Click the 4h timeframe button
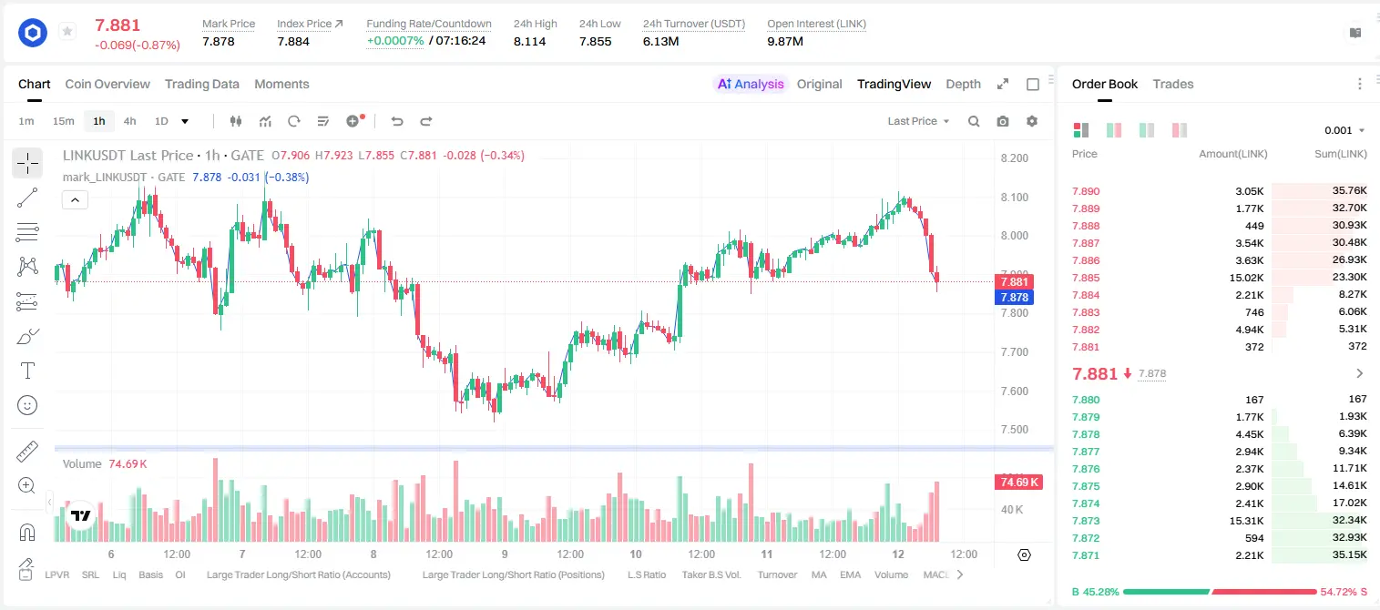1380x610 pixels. pos(129,121)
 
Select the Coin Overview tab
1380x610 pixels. pos(107,84)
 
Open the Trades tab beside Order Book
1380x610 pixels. pos(1173,84)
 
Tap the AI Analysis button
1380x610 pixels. pos(751,84)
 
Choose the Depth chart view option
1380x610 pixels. pos(963,84)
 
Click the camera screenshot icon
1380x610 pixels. pos(1003,121)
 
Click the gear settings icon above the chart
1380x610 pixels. pos(1032,121)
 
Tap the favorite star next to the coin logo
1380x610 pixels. pos(67,31)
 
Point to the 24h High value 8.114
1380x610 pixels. pos(530,41)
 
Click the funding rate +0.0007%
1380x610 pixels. pos(395,41)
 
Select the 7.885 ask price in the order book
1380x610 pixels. pos(1086,278)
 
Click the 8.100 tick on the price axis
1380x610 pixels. pos(1015,197)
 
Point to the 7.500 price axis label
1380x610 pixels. pos(1015,429)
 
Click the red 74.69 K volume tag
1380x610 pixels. pos(1018,482)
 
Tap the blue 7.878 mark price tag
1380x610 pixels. pos(1014,298)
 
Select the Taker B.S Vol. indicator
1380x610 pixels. pos(710,574)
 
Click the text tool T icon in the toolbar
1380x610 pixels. pos(27,371)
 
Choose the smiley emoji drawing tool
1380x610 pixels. pos(27,405)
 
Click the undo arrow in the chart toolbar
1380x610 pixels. pos(397,121)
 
